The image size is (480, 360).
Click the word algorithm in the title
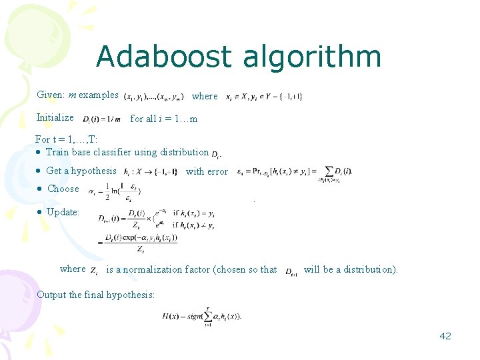click(312, 58)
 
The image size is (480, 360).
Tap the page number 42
click(445, 336)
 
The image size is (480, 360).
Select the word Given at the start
click(50, 95)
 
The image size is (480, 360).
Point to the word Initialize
click(55, 117)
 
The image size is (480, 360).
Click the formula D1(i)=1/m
click(101, 119)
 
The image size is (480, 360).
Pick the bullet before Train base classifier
click(40, 153)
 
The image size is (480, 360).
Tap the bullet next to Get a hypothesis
click(40, 171)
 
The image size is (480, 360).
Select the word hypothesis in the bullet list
click(93, 171)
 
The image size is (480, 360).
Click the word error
click(217, 171)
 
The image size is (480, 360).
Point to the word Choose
click(63, 189)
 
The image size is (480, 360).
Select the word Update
click(63, 212)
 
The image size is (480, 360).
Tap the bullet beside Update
click(40, 213)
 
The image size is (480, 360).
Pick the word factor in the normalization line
click(197, 269)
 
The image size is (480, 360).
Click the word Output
click(51, 295)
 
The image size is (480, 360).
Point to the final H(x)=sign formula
click(201, 315)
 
